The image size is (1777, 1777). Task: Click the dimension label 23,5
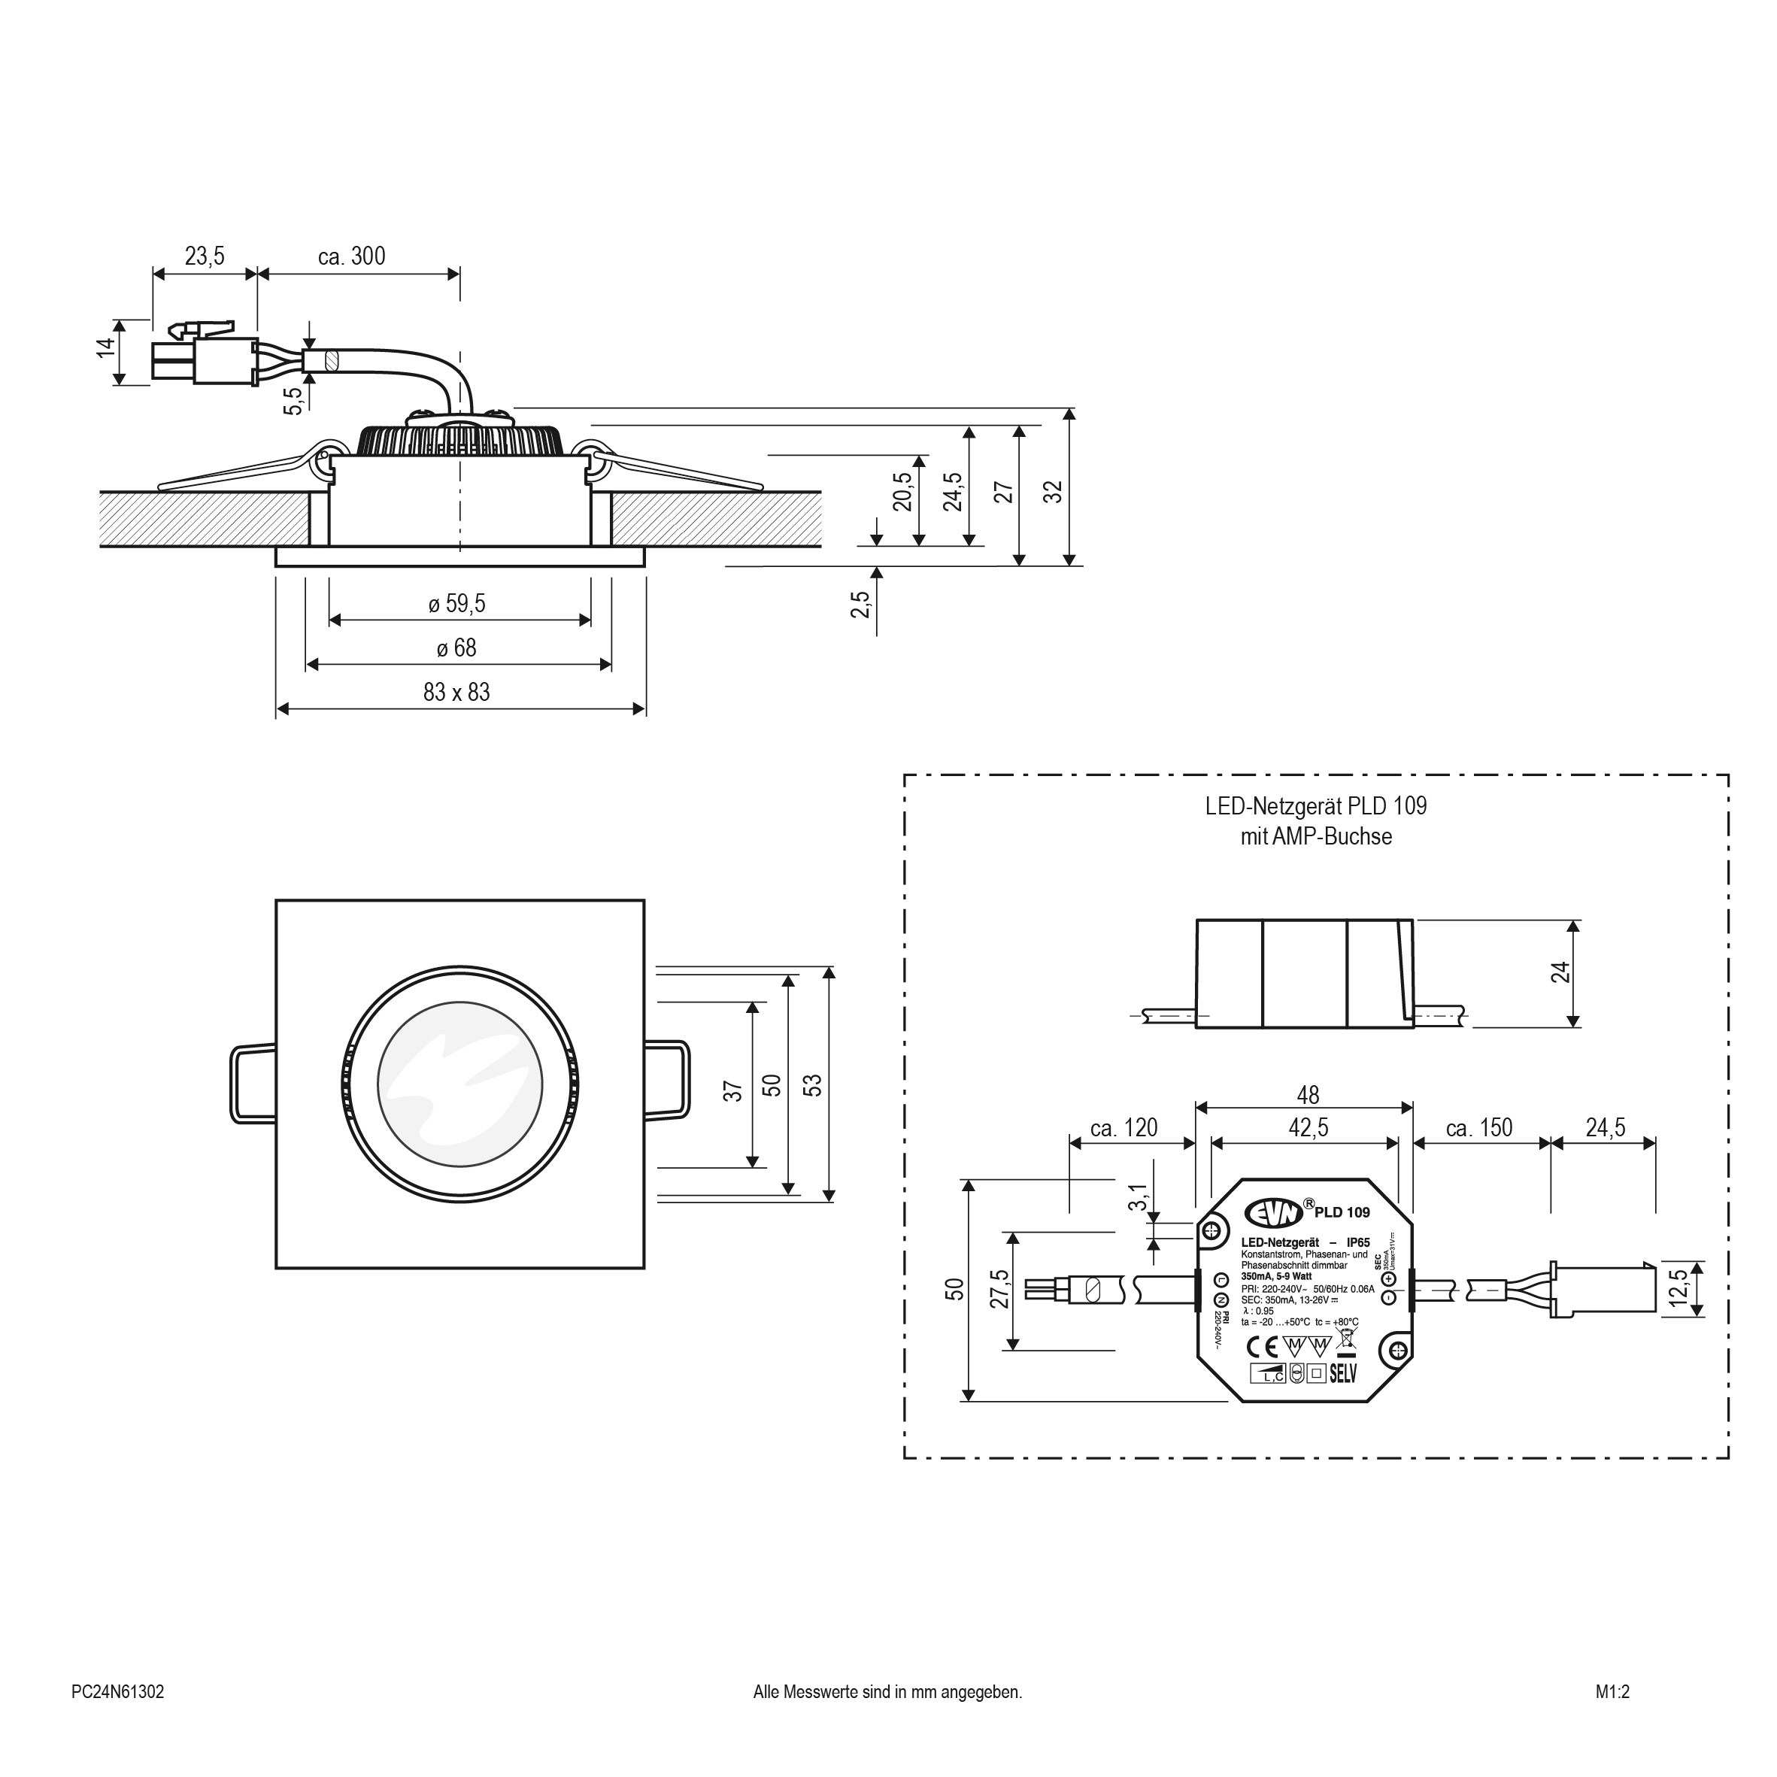(x=205, y=256)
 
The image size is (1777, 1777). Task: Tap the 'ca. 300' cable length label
(x=351, y=256)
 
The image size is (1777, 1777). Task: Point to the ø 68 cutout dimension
(x=457, y=647)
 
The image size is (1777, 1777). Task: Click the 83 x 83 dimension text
(x=457, y=692)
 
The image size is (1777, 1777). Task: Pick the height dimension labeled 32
(x=1054, y=491)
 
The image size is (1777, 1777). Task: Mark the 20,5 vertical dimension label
(x=903, y=491)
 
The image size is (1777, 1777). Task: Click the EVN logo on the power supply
(x=1274, y=1213)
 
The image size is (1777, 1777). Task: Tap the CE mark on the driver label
(x=1261, y=1348)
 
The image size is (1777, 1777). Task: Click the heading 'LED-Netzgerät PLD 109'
(x=1315, y=807)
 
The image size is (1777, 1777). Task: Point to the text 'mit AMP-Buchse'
(x=1315, y=837)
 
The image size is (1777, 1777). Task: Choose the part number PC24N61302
(x=118, y=1691)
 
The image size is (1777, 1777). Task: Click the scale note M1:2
(x=1612, y=1691)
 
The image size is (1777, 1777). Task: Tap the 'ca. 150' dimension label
(x=1479, y=1128)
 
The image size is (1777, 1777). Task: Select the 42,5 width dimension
(x=1308, y=1128)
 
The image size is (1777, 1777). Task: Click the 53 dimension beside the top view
(x=812, y=1085)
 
